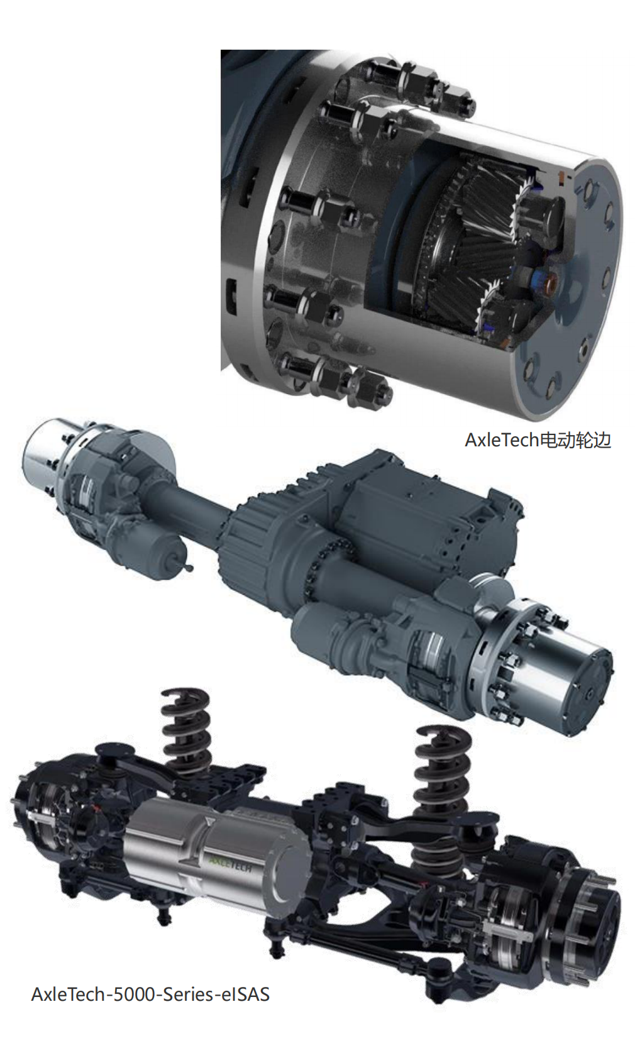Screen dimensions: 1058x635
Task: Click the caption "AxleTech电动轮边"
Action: [538, 439]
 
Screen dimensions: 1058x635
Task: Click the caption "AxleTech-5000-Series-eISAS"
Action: [150, 994]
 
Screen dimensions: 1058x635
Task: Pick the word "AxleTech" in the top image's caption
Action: [502, 439]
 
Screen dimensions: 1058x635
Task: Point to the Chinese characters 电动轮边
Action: [575, 439]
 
